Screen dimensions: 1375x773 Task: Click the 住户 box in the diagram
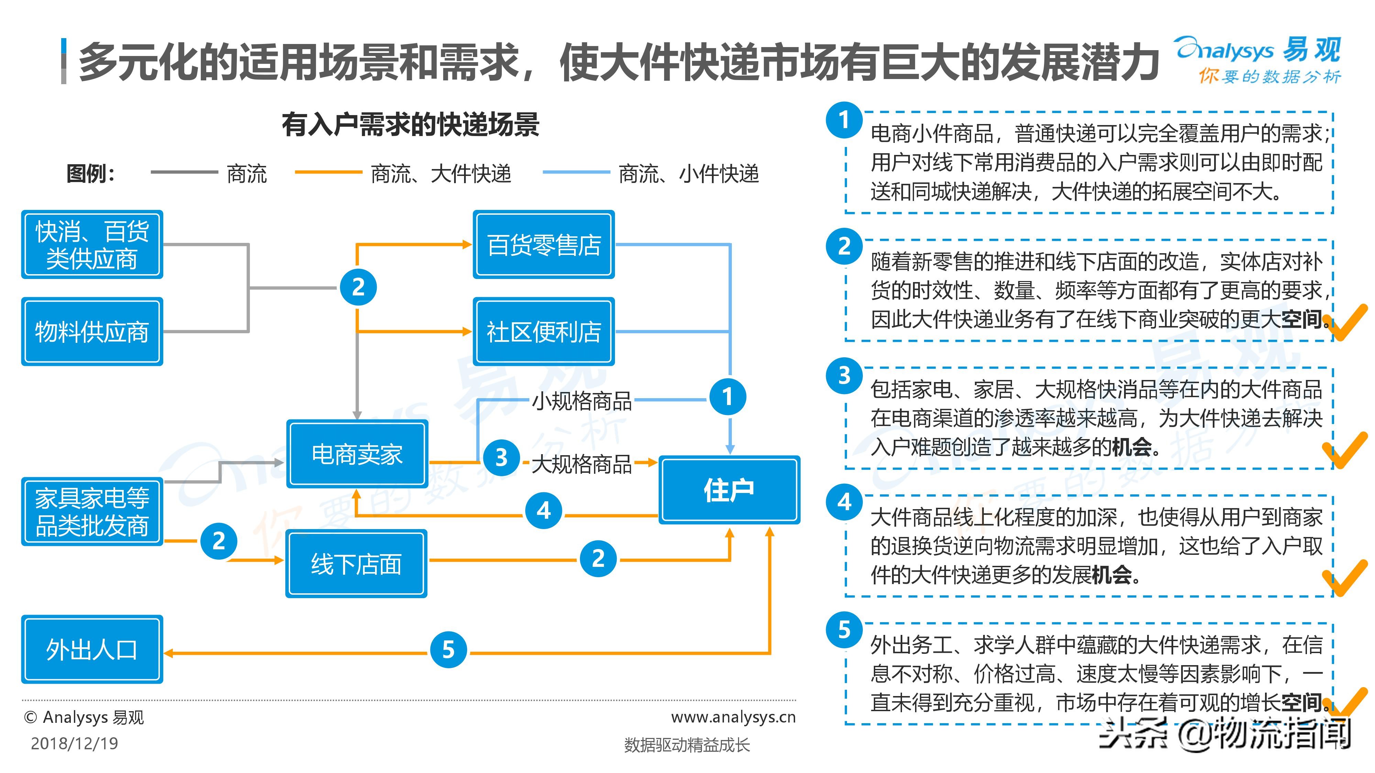point(729,490)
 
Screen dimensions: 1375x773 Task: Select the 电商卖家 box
point(357,454)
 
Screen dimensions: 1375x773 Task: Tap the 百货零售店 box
point(543,244)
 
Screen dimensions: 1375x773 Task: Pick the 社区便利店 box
point(543,331)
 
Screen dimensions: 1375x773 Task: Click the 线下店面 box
point(356,563)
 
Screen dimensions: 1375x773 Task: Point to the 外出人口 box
point(92,649)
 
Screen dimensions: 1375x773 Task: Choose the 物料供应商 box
point(92,331)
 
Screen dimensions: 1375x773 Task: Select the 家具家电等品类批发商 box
point(92,512)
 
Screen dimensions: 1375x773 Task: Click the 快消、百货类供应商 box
point(92,244)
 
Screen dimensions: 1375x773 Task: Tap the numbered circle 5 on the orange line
point(448,649)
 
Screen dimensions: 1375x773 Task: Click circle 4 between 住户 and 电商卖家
point(543,511)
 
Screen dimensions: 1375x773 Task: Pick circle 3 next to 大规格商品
point(501,458)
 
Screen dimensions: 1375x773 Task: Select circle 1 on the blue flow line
point(727,397)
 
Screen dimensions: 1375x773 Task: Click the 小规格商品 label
point(582,401)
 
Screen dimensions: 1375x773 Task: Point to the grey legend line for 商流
point(184,172)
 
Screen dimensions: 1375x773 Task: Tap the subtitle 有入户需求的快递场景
point(410,125)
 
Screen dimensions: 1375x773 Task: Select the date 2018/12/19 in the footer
point(74,743)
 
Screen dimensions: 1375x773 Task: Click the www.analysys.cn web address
point(734,717)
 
